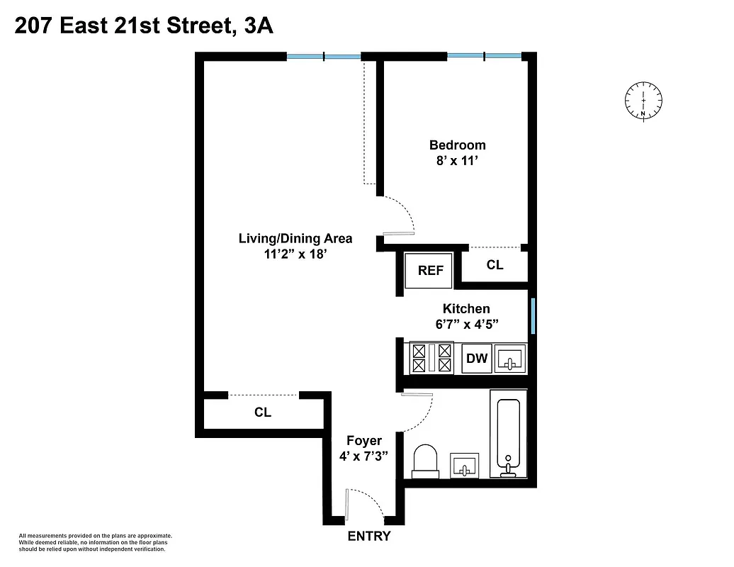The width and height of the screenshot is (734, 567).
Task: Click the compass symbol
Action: point(643,101)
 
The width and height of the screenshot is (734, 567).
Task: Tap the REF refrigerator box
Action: point(430,270)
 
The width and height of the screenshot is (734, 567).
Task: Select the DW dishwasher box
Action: point(477,358)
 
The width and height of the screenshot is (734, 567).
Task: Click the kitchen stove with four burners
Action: point(431,358)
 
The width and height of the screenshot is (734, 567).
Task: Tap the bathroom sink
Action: point(464,466)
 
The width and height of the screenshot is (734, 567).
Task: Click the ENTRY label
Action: point(368,537)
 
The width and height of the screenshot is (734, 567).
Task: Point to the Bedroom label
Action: point(457,145)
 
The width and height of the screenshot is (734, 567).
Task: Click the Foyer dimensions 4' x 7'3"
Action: point(363,456)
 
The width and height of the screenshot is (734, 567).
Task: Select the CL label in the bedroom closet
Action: point(495,265)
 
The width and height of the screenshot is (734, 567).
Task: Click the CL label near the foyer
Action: point(263,412)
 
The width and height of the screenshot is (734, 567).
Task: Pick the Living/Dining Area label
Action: point(295,239)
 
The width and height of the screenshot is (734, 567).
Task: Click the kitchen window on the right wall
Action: point(533,316)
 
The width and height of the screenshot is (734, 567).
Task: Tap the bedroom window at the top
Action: point(484,56)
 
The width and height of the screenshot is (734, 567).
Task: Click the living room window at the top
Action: point(324,56)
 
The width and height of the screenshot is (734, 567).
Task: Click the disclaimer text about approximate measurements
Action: point(96,542)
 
